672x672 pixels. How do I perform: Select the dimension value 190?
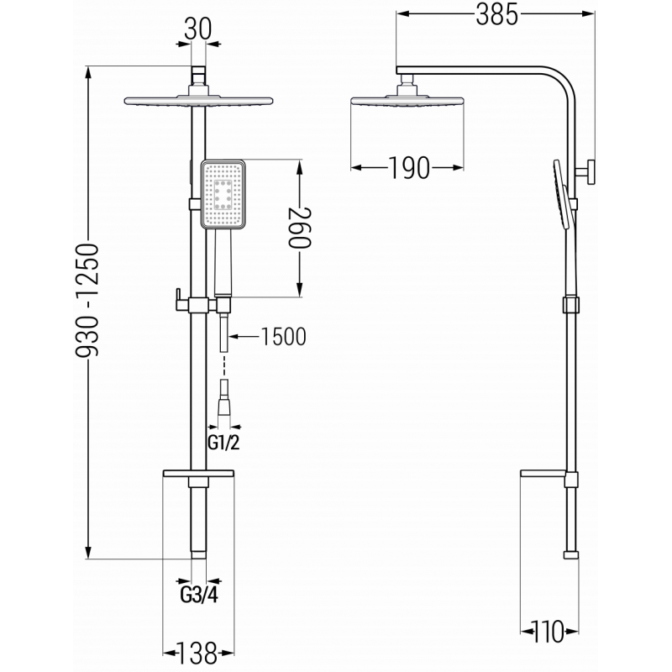(409, 169)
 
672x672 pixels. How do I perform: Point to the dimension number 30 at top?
(198, 28)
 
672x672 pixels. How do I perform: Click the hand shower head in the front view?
(223, 195)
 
